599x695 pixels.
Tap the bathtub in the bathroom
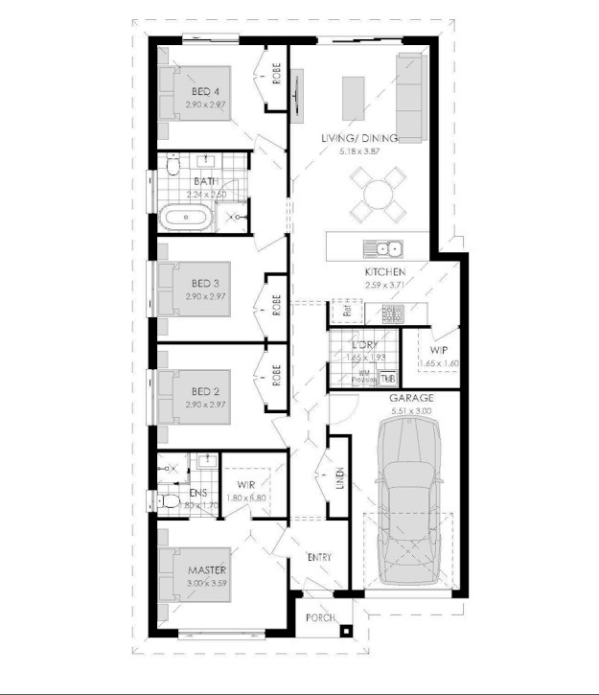tap(188, 218)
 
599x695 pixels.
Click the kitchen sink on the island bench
tap(382, 249)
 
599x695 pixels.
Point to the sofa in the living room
tap(409, 96)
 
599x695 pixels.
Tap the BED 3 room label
tap(205, 283)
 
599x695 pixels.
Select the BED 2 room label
tap(205, 391)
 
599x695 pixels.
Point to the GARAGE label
tap(411, 397)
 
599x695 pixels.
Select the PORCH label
tap(321, 618)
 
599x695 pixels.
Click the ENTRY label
tap(319, 556)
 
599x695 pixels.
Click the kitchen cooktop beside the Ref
tap(392, 312)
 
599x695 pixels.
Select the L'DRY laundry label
tap(363, 344)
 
